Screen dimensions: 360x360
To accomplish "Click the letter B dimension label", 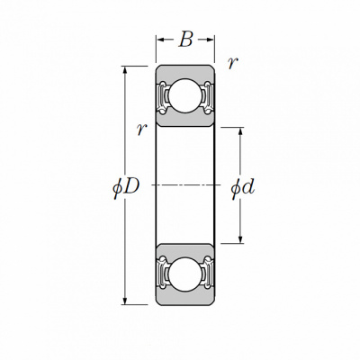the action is coord(185,40).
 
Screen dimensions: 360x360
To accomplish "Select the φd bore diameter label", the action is coord(243,188).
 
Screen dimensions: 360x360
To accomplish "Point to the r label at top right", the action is coord(233,63).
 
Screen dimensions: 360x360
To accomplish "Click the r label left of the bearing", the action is coord(141,130).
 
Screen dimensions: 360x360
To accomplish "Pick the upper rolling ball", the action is coord(184,96).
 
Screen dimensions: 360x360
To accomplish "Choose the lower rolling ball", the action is coord(184,274).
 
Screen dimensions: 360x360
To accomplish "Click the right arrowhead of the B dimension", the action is coord(210,40).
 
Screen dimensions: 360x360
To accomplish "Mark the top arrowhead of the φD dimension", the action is coord(125,70).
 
